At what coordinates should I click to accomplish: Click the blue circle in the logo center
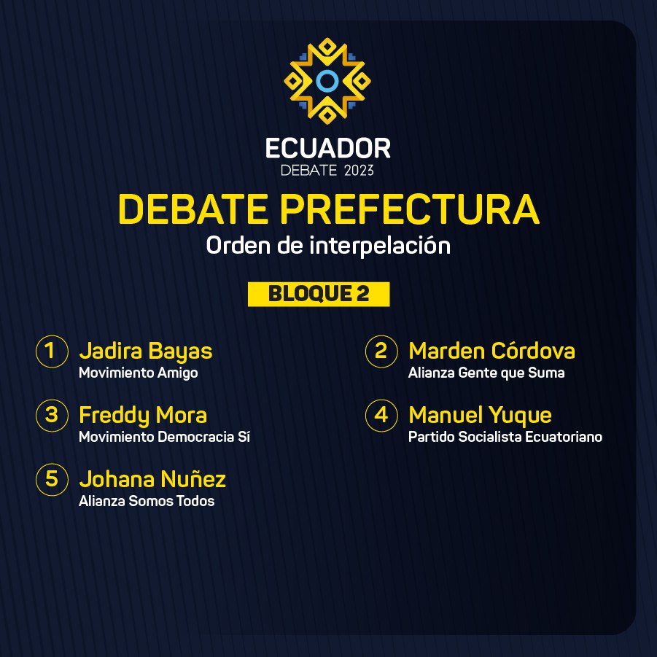(x=327, y=72)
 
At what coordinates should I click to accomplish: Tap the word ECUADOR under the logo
(x=328, y=148)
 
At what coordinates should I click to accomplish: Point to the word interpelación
(x=380, y=245)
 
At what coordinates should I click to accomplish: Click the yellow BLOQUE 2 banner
(x=319, y=294)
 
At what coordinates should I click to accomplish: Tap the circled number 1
(x=52, y=335)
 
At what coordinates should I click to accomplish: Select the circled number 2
(x=381, y=335)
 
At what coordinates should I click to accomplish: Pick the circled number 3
(x=52, y=400)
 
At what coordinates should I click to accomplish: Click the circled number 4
(x=381, y=400)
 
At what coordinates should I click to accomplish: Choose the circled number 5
(x=52, y=464)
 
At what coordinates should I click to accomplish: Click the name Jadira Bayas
(x=146, y=351)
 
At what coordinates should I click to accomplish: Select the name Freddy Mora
(x=143, y=415)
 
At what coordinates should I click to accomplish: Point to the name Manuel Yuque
(x=480, y=415)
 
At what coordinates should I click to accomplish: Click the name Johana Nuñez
(x=152, y=479)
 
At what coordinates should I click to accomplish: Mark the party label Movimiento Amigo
(x=139, y=373)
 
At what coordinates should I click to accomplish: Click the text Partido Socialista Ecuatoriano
(x=505, y=437)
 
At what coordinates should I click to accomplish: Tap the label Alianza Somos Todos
(x=147, y=501)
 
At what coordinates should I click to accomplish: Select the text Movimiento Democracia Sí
(x=164, y=437)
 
